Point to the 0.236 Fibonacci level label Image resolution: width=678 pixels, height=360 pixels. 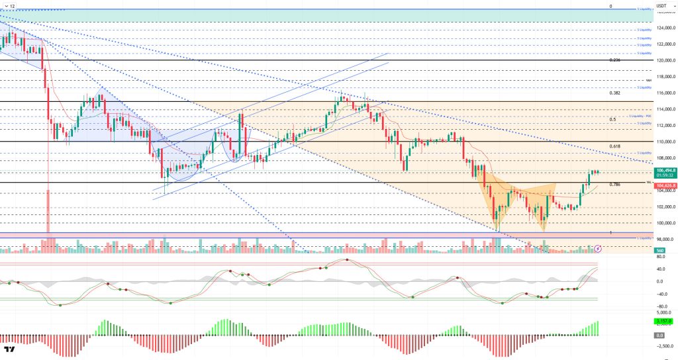pos(615,60)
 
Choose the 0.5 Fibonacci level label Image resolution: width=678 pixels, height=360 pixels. pos(612,120)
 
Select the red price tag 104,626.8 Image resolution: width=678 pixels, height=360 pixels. pos(665,187)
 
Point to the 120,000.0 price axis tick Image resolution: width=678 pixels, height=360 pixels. pos(665,60)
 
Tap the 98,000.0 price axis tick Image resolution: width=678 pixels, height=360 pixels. pos(665,239)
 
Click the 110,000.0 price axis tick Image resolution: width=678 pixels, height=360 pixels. pos(665,142)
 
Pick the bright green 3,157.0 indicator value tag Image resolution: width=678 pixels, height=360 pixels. pos(665,322)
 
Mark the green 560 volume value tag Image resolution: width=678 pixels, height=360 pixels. pos(659,250)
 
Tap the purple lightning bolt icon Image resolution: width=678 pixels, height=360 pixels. pos(598,249)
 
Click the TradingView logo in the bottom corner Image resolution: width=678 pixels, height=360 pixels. pos(10,350)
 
